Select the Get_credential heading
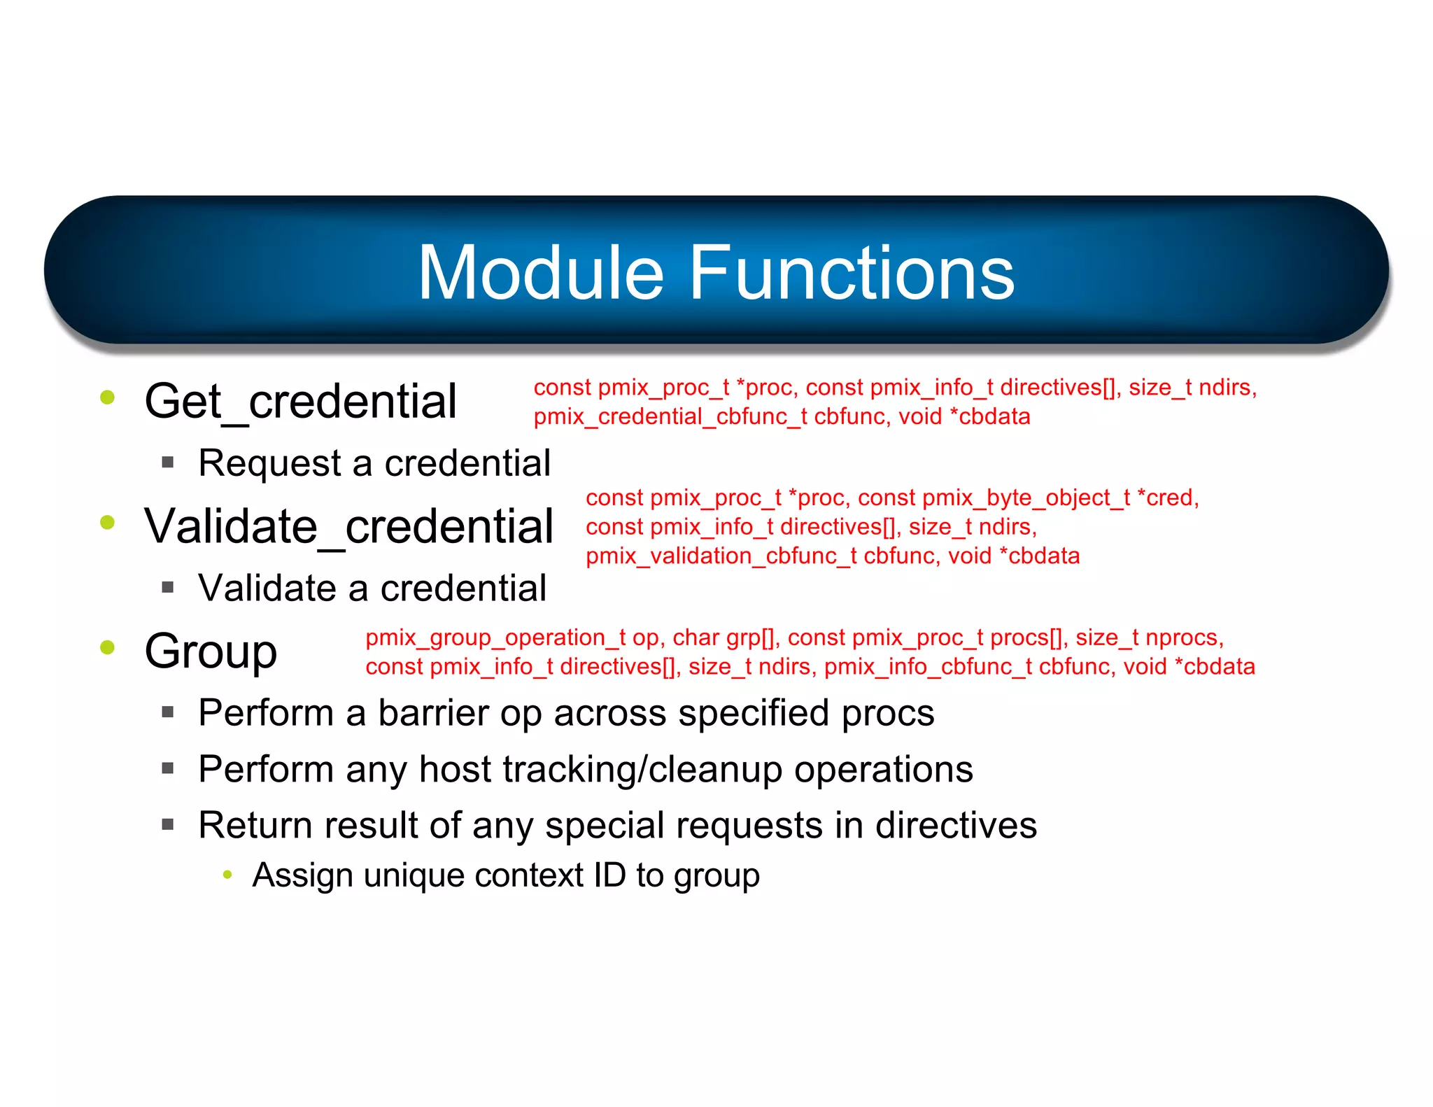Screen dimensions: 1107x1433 point(300,402)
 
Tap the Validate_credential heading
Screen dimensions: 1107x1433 point(348,526)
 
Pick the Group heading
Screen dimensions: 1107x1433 point(211,651)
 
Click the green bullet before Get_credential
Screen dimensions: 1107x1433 point(107,397)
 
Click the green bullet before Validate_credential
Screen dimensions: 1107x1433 point(107,522)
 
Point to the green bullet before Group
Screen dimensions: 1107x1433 point(107,647)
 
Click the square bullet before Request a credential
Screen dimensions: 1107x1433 point(167,463)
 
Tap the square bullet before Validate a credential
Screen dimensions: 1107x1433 point(167,587)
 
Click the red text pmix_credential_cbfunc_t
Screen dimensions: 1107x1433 point(670,417)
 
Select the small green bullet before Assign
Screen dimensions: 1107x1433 point(227,875)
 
